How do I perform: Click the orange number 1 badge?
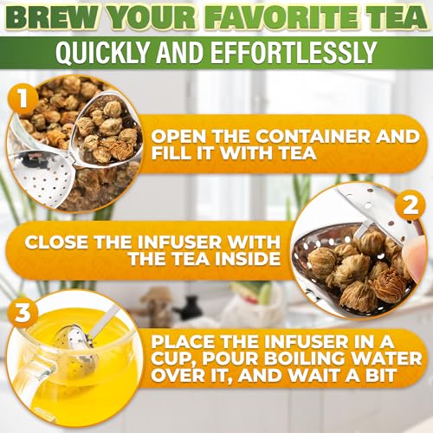pos(23,99)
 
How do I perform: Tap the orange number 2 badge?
pos(410,206)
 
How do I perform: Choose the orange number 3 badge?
pos(23,313)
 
